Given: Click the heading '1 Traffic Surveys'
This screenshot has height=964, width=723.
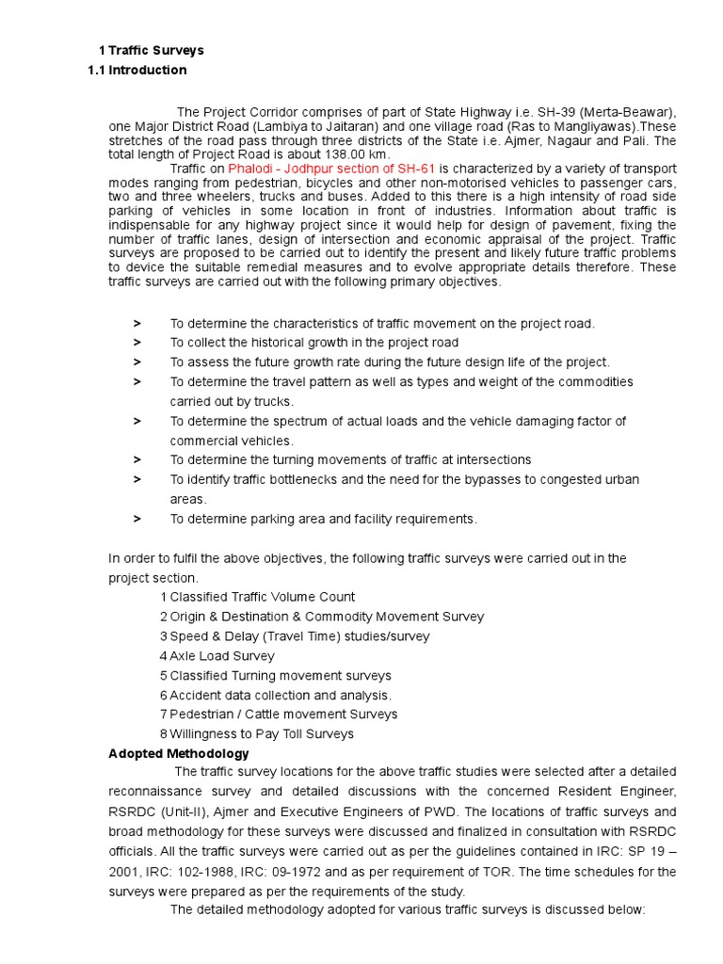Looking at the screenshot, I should [152, 50].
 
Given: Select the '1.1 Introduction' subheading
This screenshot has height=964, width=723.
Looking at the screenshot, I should [137, 71].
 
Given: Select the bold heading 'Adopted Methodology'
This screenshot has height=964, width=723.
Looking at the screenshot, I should [180, 754].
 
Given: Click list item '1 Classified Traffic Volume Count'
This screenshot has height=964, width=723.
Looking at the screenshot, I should [258, 597].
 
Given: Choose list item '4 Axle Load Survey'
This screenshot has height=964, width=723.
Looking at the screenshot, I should [217, 656].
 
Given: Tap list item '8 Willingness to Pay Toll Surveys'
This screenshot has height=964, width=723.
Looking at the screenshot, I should [257, 734].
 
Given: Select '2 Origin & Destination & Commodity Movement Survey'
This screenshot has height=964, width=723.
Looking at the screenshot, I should [322, 617].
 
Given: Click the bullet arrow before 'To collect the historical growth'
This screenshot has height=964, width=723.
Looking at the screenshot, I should [137, 344].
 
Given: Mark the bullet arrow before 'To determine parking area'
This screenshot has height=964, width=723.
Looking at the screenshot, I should [137, 519].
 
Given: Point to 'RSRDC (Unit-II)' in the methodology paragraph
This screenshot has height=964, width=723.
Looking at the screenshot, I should [153, 812].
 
